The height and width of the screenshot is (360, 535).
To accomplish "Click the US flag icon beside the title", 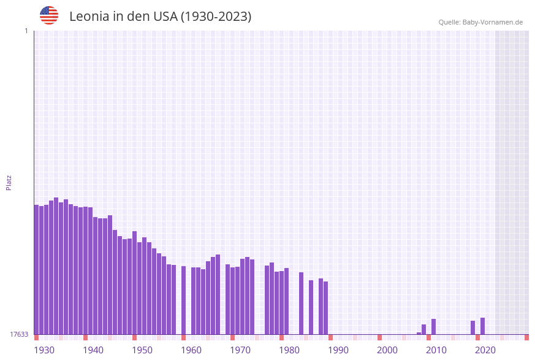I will pos(49,15).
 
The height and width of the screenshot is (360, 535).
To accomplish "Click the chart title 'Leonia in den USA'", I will pos(160,17).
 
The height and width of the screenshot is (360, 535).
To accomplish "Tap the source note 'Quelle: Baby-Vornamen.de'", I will pos(480,22).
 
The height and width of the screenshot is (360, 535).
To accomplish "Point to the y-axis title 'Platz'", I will pos(9,182).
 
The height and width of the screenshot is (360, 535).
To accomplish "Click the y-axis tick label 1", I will pos(26,31).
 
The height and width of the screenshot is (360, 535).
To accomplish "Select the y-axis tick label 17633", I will pos(19,334).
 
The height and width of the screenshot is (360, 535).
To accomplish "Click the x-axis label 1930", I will pos(44,350).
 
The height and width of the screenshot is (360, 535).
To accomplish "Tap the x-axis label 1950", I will pos(142,350).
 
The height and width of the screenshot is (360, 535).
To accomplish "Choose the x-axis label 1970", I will pos(240,350).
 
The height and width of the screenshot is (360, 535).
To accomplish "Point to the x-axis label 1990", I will pos(338,350).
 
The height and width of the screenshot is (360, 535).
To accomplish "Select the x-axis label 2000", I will pos(387,350).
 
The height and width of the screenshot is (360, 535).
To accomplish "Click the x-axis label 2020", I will pos(485,350).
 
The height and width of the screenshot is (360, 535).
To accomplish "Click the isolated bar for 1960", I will pos(183,300).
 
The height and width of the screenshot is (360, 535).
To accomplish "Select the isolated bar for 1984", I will pos(302,303).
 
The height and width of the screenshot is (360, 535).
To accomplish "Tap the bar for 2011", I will pos(434,326).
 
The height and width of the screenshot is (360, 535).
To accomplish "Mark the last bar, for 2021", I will pos(483,326).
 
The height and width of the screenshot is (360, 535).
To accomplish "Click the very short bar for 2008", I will pos(419,333).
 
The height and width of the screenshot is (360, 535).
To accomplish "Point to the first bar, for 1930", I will pos(37,269).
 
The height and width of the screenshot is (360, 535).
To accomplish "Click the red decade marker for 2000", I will pos(380,337).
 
